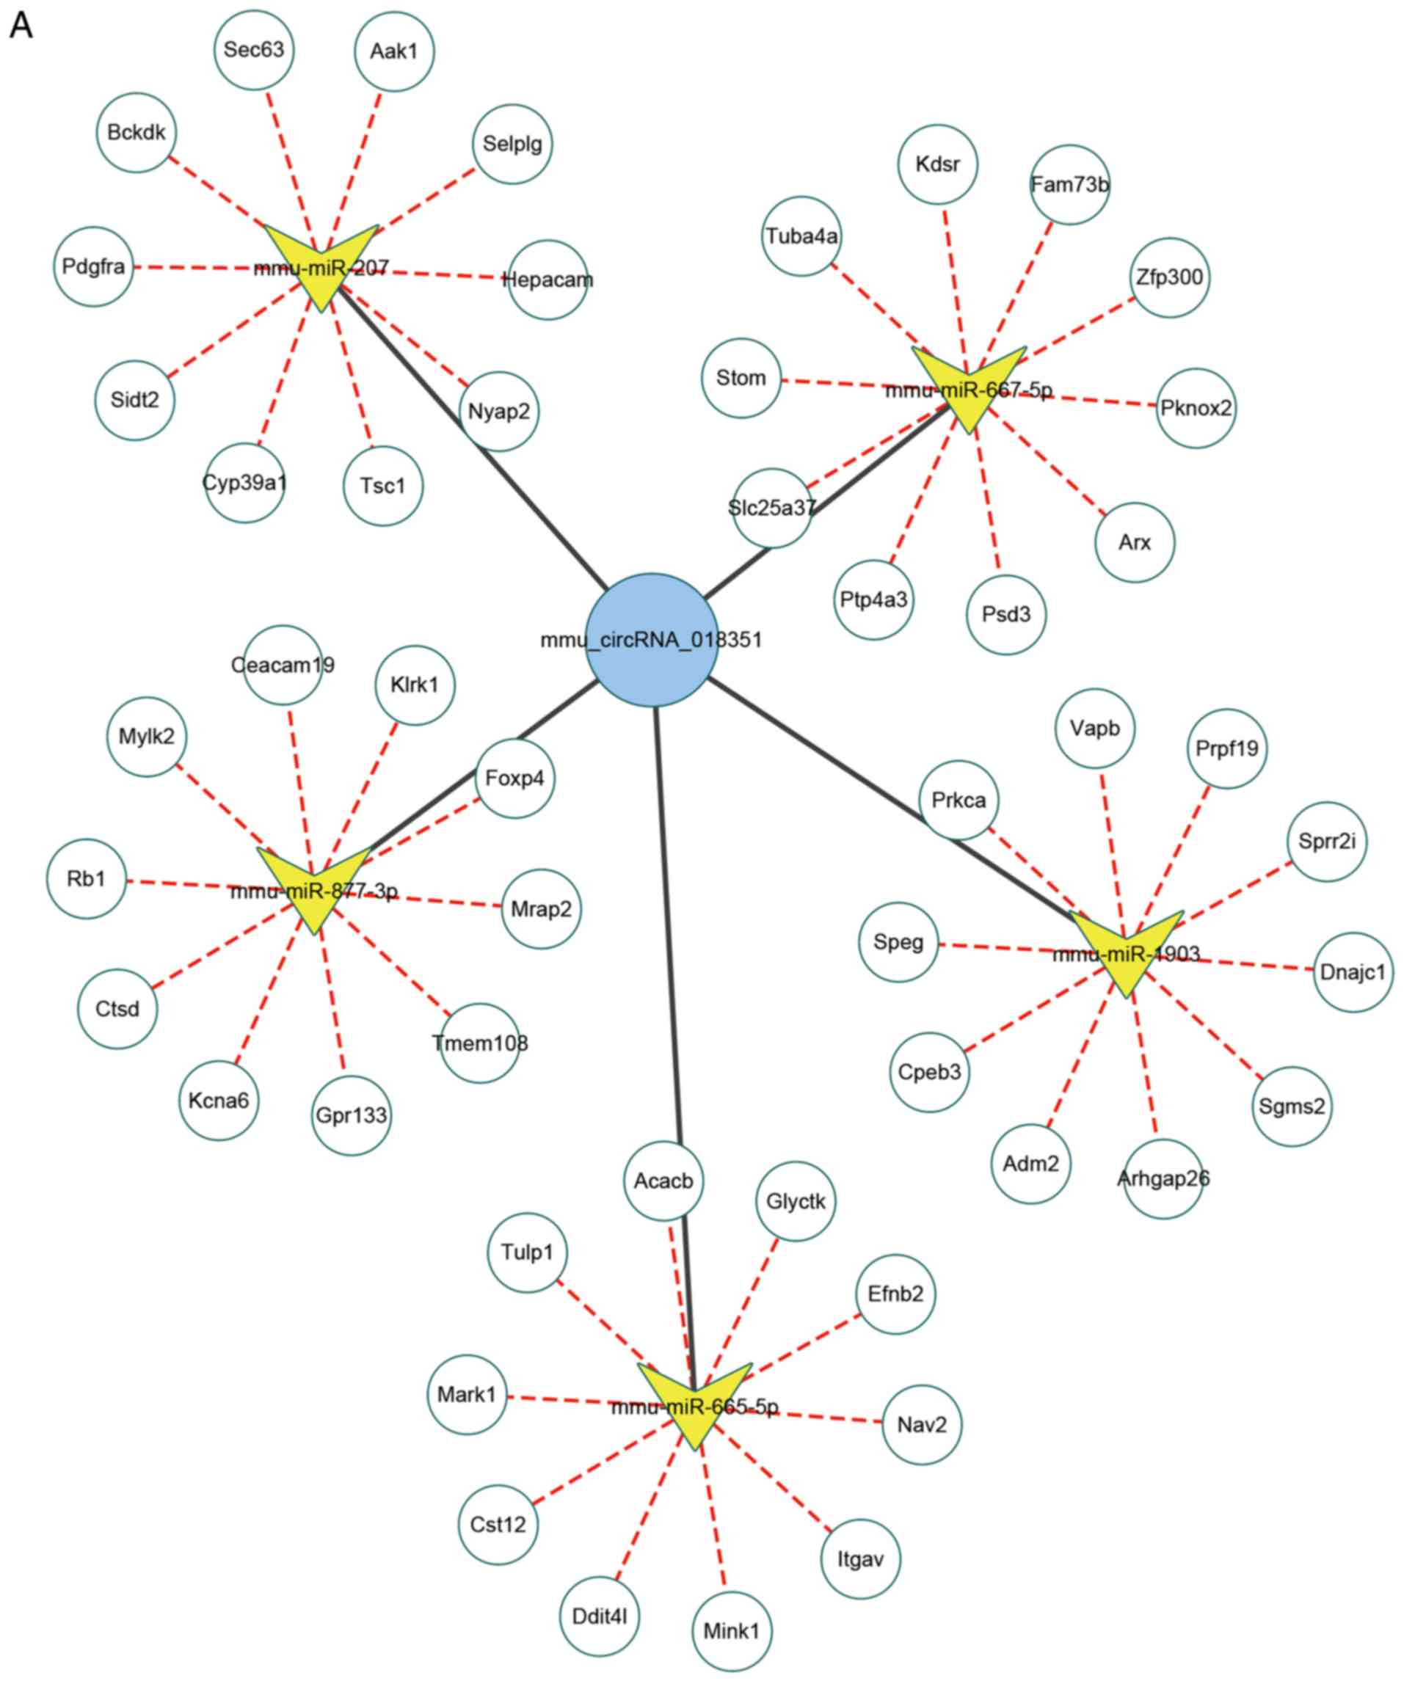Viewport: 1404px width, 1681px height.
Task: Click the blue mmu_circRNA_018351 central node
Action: click(651, 640)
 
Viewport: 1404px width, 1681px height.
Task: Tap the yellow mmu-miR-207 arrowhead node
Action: click(320, 264)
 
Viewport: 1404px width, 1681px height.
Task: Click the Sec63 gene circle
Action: click(254, 50)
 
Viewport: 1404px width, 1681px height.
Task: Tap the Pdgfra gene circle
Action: click(94, 266)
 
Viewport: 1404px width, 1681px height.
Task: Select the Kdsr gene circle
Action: click(937, 164)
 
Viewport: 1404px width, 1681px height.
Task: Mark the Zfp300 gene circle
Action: click(1169, 277)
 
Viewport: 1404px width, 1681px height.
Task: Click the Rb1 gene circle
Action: click(87, 879)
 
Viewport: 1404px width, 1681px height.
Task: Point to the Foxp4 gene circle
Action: click(514, 778)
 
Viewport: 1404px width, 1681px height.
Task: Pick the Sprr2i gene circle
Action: click(1326, 842)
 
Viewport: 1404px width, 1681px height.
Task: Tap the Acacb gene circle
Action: click(663, 1181)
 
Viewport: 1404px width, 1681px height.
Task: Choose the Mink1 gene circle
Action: click(732, 1630)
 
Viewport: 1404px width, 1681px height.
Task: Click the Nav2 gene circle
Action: click(921, 1425)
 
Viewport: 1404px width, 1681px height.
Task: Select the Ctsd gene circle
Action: click(117, 1009)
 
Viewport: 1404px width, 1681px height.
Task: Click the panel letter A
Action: click(21, 26)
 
